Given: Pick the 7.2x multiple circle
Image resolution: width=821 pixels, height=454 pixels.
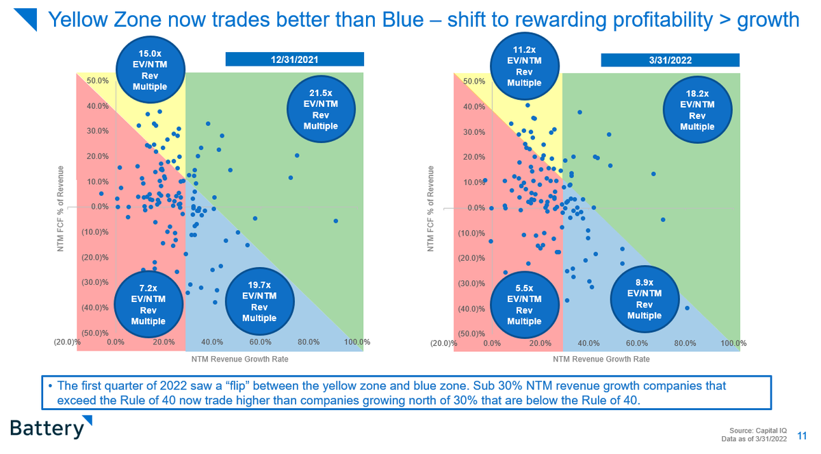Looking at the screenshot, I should click(x=149, y=304).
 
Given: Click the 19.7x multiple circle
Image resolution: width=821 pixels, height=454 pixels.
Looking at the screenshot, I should click(x=259, y=301).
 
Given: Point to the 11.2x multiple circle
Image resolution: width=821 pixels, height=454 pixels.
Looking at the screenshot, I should click(x=525, y=66).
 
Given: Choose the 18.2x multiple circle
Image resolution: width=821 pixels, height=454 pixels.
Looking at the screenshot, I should click(x=697, y=110).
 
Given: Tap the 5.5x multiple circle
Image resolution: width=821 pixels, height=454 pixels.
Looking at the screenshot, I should click(x=525, y=305).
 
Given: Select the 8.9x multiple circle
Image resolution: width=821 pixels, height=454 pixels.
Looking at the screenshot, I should click(x=644, y=299).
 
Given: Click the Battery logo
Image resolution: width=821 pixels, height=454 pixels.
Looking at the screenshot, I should click(x=47, y=428).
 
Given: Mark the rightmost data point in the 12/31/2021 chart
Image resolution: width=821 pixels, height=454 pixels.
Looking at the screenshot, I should click(x=336, y=220).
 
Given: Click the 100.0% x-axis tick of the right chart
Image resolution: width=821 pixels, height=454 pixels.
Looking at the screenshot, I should click(x=733, y=343).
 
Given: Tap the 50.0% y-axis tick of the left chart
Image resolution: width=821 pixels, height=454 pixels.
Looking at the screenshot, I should click(x=97, y=81).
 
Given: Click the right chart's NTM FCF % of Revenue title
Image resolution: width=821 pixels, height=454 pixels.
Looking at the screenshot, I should click(x=431, y=207).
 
